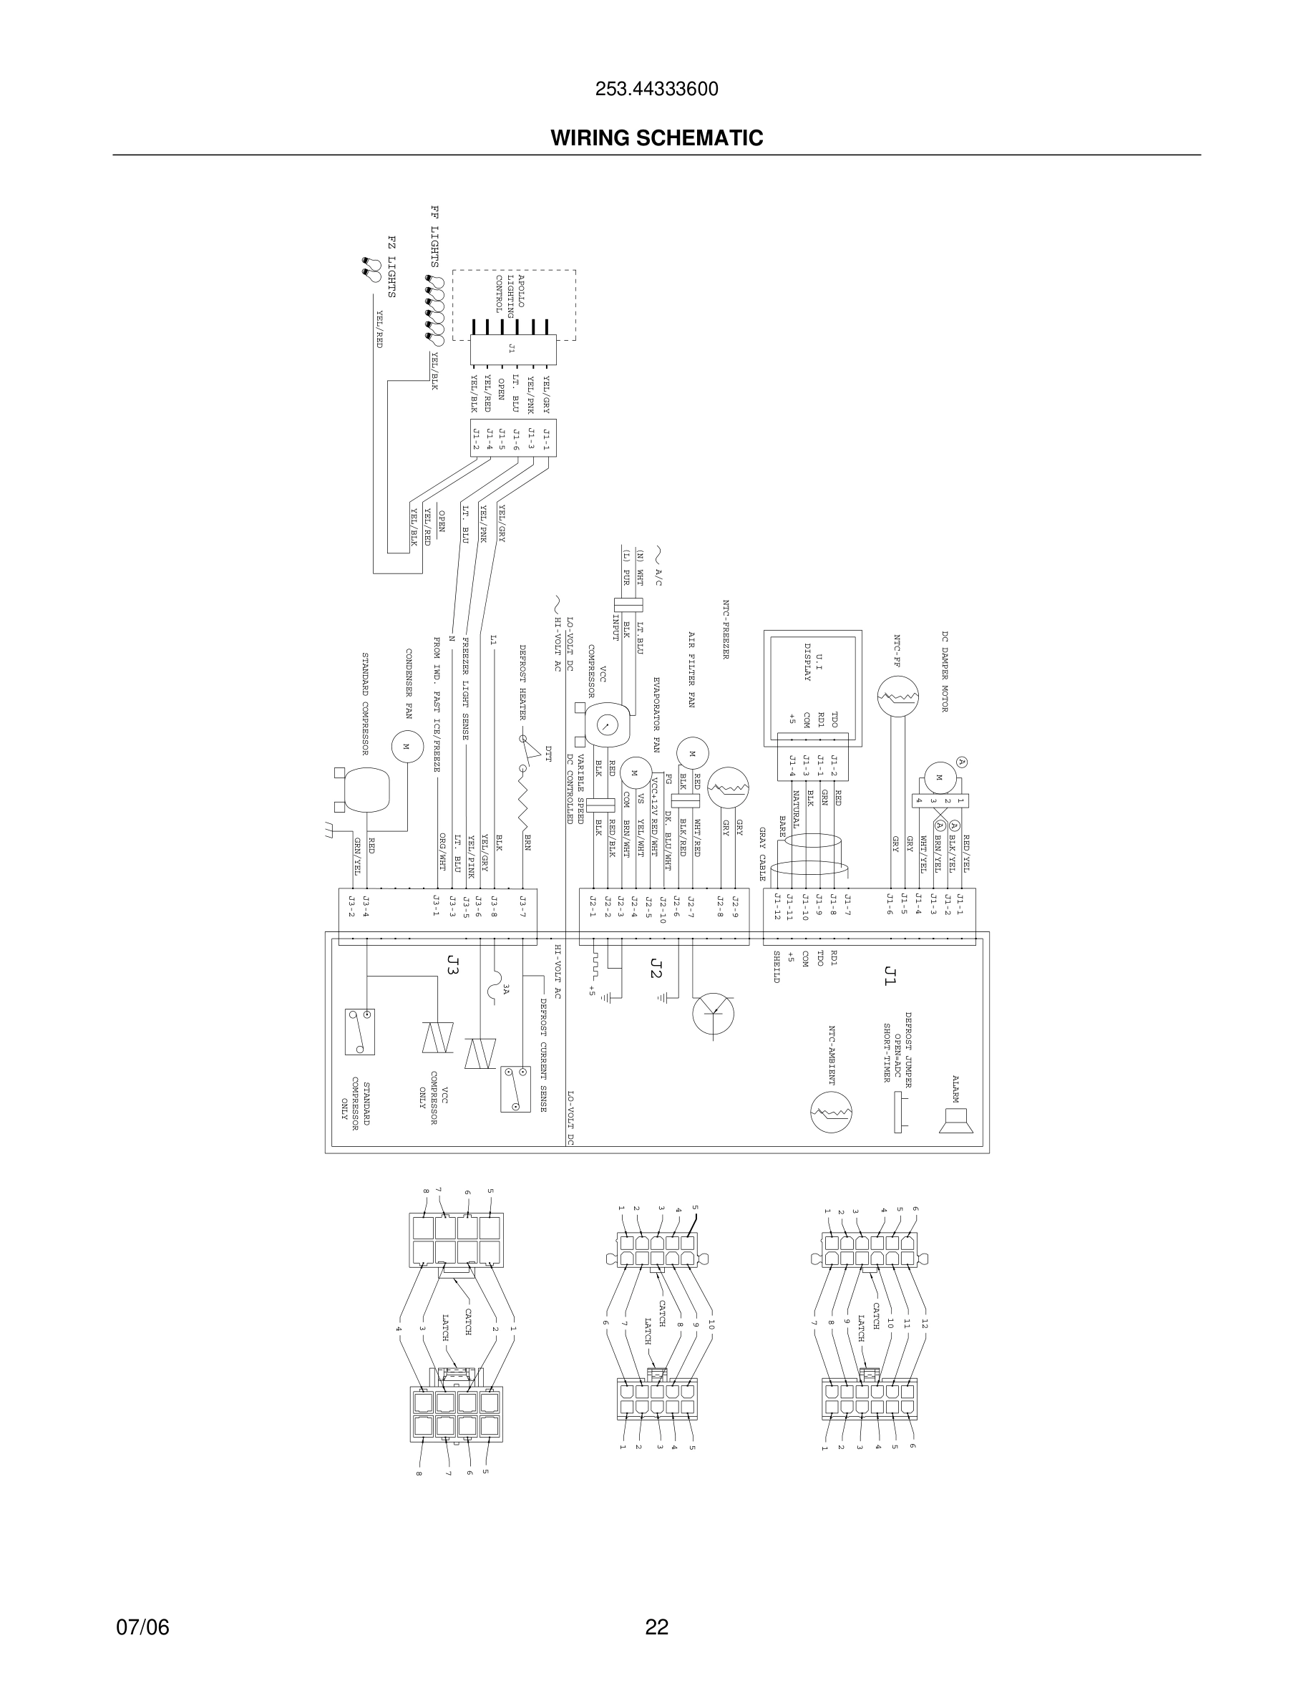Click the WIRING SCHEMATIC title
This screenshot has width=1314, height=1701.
[x=656, y=138]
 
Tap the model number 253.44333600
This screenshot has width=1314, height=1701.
[x=656, y=89]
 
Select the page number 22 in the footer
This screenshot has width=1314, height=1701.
[x=656, y=1627]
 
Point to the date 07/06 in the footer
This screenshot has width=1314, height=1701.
[x=142, y=1627]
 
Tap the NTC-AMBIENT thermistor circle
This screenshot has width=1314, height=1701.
[x=831, y=1113]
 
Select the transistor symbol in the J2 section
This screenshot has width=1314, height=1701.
[x=713, y=1013]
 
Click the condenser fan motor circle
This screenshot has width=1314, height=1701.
[x=406, y=747]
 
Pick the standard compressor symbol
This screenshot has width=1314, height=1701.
[x=365, y=790]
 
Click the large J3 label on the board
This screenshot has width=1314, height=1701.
[x=453, y=965]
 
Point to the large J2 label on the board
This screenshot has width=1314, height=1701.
[x=656, y=968]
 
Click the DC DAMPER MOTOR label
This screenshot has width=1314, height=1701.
[x=945, y=672]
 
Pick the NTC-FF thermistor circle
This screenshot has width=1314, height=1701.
[x=897, y=697]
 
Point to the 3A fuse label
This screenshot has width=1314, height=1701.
[x=506, y=989]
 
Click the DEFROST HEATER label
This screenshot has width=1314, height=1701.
[x=523, y=682]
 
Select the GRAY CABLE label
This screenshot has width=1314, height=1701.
[x=763, y=854]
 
